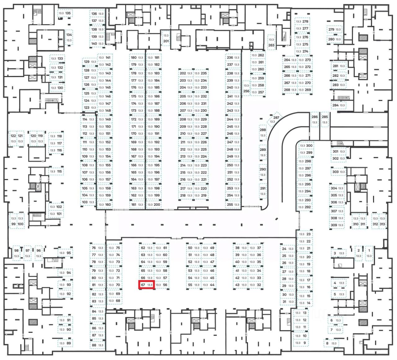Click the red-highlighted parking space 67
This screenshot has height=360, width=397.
[146, 285]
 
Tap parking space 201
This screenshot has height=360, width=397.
[166, 38]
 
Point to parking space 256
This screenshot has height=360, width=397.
[246, 88]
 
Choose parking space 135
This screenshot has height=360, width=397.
[65, 13]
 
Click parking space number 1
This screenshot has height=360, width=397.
[369, 253]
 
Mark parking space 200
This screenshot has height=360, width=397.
[154, 205]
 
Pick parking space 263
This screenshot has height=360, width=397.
[271, 42]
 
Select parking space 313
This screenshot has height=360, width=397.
[382, 221]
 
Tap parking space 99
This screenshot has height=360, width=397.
[13, 221]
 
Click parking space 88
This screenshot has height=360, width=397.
[97, 345]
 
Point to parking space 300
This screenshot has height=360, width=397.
[306, 146]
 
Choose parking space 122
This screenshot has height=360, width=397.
[13, 138]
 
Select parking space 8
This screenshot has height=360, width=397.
[331, 343]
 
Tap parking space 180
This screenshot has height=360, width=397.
[137, 58]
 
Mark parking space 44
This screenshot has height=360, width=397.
[209, 285]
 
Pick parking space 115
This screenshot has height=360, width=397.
[56, 171]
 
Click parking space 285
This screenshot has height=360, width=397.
[325, 120]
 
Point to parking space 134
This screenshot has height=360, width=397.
[69, 38]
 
